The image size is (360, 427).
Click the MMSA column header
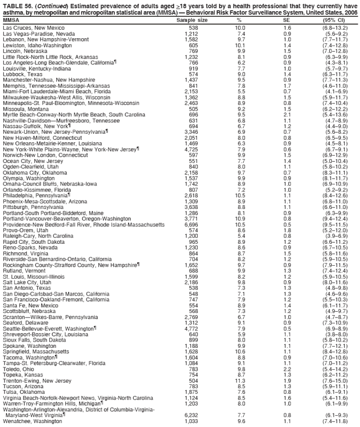point(11,20)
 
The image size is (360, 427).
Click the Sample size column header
point(193,20)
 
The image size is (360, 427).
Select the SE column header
point(287,20)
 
